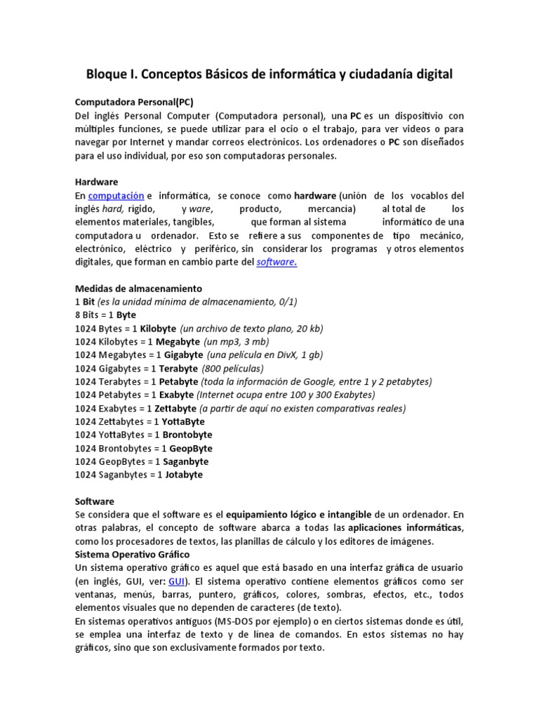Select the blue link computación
pos(116,195)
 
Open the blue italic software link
pos(277,262)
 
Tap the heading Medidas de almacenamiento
pos(138,289)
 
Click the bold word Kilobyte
pos(158,328)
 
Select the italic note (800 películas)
pos(233,368)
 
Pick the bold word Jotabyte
pos(184,475)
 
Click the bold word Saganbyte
pos(185,461)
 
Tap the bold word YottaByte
pos(183,421)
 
